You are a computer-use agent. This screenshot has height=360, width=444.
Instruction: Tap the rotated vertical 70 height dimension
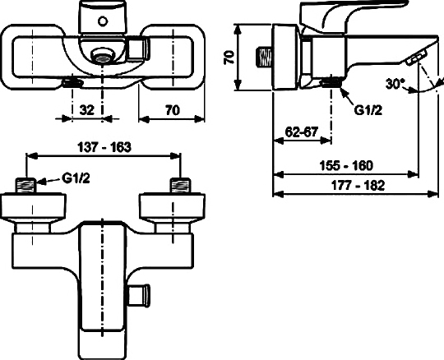click(230, 58)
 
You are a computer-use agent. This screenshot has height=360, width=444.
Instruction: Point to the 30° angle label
click(395, 84)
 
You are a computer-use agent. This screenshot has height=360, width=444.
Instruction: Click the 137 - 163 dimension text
click(104, 146)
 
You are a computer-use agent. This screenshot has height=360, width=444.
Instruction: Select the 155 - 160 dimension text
click(346, 164)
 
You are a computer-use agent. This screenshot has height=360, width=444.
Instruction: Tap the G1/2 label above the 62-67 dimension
click(368, 109)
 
